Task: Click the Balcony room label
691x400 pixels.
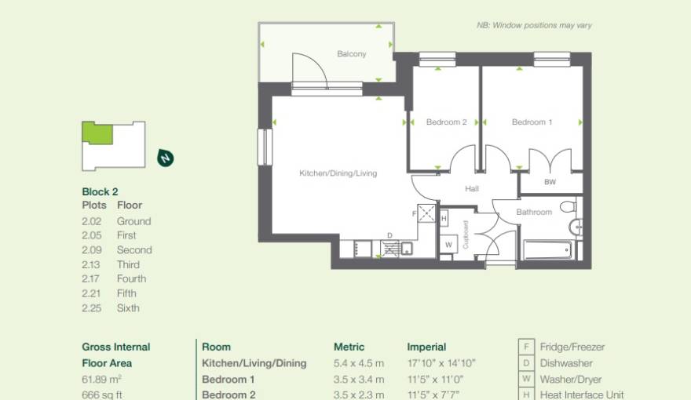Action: (351, 54)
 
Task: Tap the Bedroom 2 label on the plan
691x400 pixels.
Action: (446, 122)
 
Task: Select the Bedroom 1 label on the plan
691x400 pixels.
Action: (532, 122)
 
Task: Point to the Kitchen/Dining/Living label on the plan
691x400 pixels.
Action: (338, 173)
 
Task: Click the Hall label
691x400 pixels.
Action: (471, 189)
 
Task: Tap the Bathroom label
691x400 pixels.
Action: (534, 212)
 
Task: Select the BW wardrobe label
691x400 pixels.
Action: (550, 183)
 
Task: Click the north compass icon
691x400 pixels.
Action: (166, 158)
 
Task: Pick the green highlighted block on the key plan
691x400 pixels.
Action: (97, 133)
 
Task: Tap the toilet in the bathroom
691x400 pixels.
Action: (572, 207)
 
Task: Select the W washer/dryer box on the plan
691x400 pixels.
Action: (448, 244)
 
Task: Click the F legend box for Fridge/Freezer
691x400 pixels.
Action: (525, 347)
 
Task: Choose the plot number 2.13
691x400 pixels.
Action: (93, 264)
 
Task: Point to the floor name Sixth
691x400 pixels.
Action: (128, 308)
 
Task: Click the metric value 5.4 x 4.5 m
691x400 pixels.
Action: (359, 363)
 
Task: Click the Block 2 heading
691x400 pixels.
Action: (100, 191)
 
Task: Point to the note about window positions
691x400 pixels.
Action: (534, 26)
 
